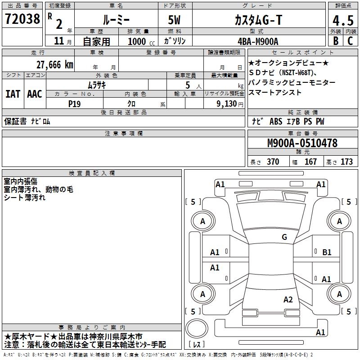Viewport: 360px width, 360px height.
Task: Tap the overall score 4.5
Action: coord(342,21)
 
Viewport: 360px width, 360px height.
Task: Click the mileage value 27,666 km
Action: coord(54,65)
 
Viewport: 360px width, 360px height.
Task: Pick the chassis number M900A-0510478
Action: coord(302,143)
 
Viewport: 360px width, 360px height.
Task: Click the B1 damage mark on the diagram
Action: coord(327,252)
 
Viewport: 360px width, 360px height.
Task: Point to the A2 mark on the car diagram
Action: coord(288,300)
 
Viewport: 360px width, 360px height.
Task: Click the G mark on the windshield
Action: coord(284,237)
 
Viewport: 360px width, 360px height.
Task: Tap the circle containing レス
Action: coord(197,331)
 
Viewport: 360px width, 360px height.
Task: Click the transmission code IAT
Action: coord(13,94)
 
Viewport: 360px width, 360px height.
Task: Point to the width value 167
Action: coord(310,162)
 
